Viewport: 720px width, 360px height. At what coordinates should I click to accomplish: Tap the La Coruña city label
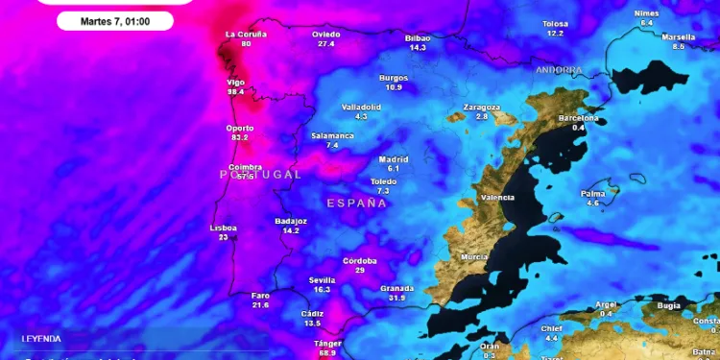click(x=246, y=34)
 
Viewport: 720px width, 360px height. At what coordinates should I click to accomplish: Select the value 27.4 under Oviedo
click(x=326, y=43)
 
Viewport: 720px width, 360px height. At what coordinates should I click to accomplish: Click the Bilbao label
click(x=418, y=37)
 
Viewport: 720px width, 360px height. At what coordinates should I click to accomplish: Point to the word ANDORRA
click(x=559, y=70)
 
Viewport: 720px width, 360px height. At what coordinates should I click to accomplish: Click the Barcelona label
click(x=578, y=118)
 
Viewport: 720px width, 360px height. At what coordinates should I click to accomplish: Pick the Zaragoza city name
click(x=482, y=107)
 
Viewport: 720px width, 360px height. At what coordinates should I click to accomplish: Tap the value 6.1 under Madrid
click(x=394, y=168)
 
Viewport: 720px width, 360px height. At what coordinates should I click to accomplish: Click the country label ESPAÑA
click(x=356, y=204)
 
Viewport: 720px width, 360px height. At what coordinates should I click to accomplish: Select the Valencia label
click(x=497, y=198)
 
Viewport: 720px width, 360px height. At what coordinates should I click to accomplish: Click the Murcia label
click(x=474, y=257)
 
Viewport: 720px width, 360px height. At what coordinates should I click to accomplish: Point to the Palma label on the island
click(x=592, y=194)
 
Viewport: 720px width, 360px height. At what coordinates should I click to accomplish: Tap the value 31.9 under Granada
click(x=396, y=298)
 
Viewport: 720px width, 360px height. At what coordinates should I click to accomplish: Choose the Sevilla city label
click(x=322, y=279)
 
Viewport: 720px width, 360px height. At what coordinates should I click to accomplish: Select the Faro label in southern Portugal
click(x=260, y=295)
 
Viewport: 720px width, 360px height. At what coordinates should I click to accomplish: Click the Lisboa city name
click(x=223, y=228)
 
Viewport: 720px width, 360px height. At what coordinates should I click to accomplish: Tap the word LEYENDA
click(x=41, y=339)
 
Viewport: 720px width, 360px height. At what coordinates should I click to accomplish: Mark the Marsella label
click(x=679, y=36)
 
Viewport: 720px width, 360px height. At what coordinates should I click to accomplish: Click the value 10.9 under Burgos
click(x=394, y=87)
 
